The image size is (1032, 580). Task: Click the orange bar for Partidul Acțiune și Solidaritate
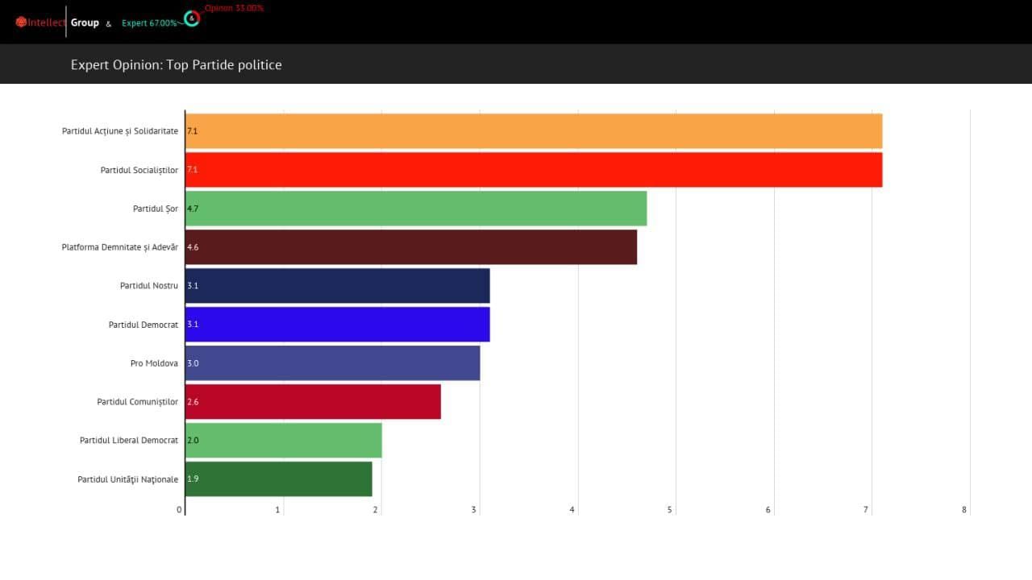coord(534,131)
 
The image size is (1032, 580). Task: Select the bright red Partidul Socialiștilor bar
coord(534,170)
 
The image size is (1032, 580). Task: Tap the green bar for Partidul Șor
coord(416,209)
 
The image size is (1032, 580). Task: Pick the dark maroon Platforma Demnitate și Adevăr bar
coord(411,247)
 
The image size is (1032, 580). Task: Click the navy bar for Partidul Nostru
coord(338,286)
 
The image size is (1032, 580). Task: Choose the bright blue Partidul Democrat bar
coord(338,325)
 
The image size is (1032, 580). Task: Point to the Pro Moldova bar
coord(333,363)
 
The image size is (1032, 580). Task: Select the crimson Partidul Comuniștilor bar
coord(314,402)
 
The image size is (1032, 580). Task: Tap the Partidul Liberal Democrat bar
coord(284,441)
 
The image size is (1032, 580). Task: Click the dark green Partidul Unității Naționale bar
coord(279,479)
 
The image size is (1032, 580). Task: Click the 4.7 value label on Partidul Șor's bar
coord(193,209)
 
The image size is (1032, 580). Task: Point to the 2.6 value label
coord(193,402)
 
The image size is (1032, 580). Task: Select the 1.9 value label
coord(193,479)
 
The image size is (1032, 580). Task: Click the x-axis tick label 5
coord(670,510)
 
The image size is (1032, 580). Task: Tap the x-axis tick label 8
coord(964,510)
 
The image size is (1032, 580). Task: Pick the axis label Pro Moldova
coord(154,363)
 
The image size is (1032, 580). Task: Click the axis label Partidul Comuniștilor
coord(138,402)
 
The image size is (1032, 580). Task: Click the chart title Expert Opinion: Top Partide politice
coord(177,65)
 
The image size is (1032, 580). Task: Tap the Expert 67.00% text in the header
coord(149,23)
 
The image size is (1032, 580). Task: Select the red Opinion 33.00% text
coord(234,8)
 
